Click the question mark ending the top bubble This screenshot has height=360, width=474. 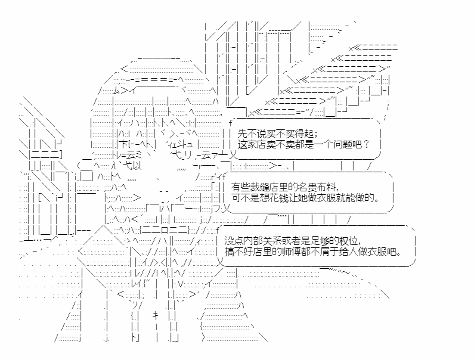click(x=367, y=144)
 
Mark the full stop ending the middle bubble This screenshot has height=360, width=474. click(x=377, y=200)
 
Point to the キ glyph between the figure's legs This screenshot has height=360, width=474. click(x=156, y=315)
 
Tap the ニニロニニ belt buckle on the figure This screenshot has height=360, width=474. click(x=165, y=230)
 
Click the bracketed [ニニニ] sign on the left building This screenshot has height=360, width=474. click(x=46, y=154)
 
